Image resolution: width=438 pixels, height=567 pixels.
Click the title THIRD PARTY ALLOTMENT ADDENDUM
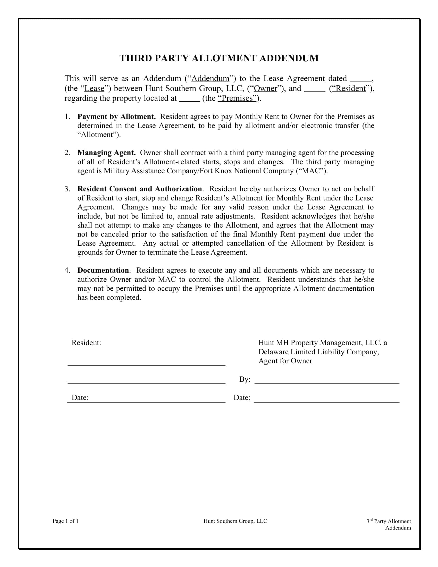(x=219, y=58)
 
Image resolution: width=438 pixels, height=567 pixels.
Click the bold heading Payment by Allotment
(x=116, y=116)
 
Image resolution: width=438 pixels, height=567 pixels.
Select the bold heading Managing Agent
(x=106, y=153)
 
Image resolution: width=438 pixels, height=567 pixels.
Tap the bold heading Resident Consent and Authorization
(x=140, y=189)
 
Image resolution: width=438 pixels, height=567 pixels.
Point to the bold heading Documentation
(x=103, y=270)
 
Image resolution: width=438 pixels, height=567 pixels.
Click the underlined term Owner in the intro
(x=265, y=88)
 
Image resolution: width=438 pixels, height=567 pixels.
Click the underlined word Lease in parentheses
(x=95, y=88)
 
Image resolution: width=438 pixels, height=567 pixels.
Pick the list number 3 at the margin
(x=67, y=189)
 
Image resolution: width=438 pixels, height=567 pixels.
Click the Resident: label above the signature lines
(x=86, y=343)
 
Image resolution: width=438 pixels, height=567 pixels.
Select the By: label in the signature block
(x=245, y=379)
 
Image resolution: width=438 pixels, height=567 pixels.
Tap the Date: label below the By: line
(x=242, y=398)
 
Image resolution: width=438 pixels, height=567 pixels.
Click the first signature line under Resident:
(x=146, y=364)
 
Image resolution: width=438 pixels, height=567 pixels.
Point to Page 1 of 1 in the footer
(x=65, y=521)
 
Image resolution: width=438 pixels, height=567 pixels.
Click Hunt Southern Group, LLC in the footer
(x=235, y=521)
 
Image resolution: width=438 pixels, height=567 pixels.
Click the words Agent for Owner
(x=285, y=361)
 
